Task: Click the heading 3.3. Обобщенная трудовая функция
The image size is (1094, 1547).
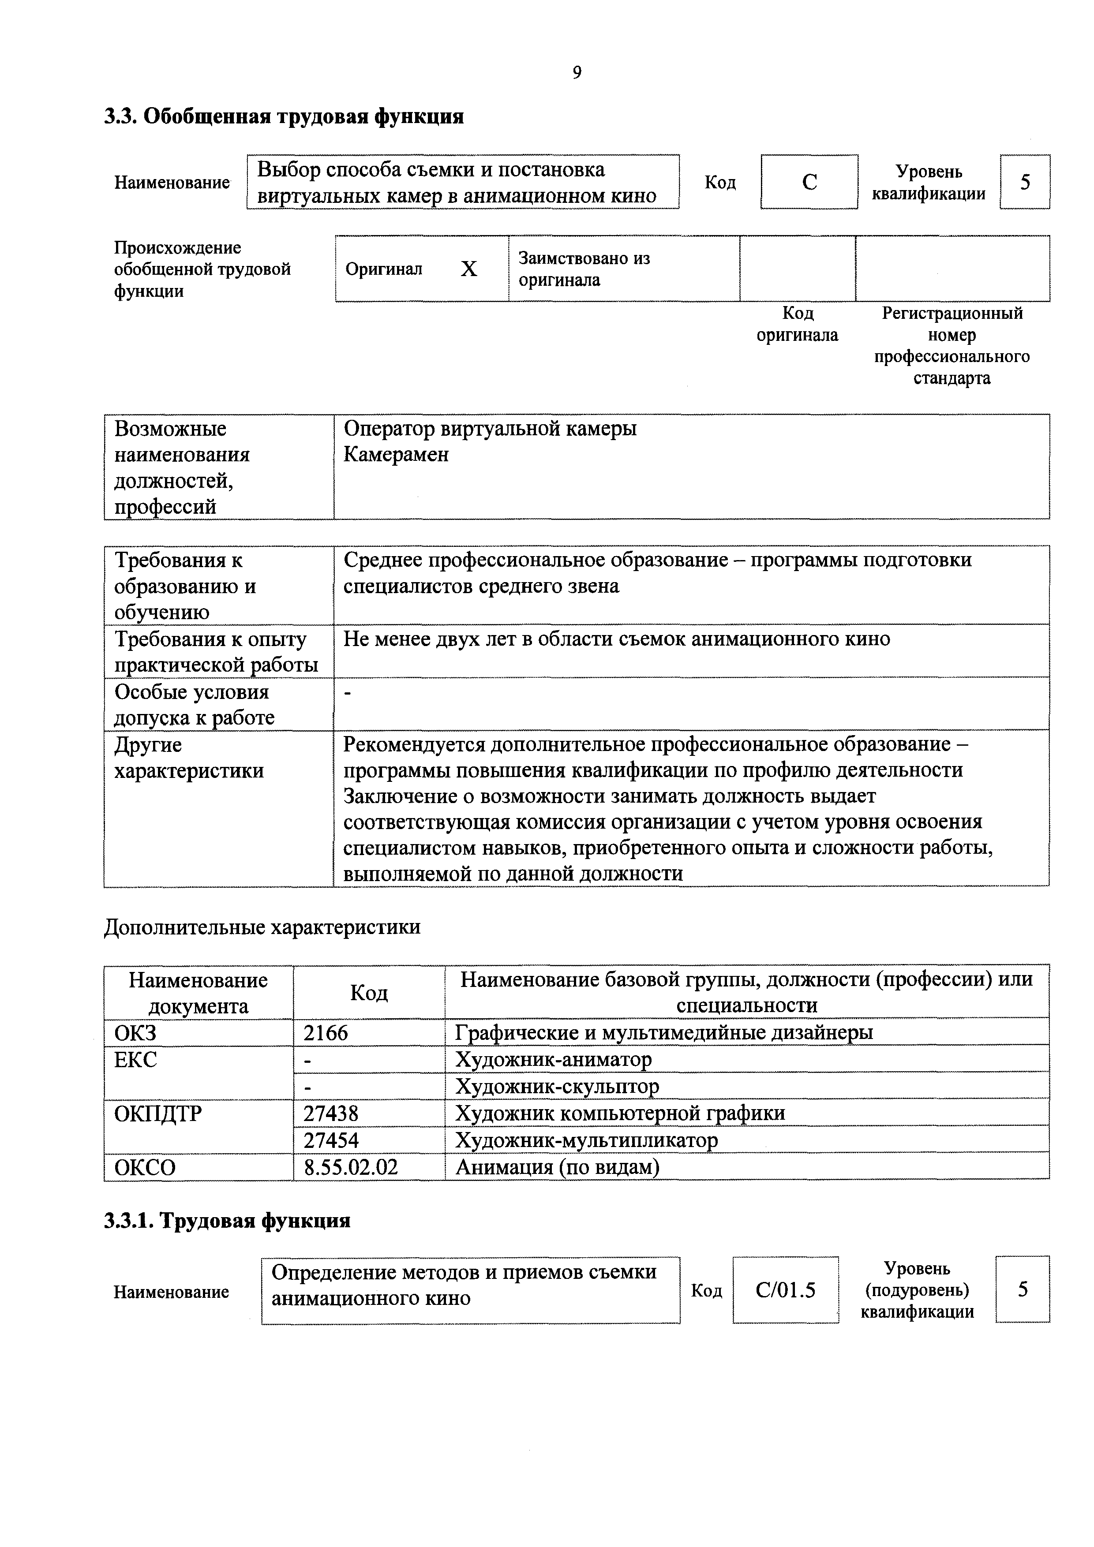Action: pyautogui.click(x=284, y=116)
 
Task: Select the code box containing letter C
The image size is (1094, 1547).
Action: pyautogui.click(x=809, y=182)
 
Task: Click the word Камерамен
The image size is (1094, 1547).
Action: pyautogui.click(x=396, y=455)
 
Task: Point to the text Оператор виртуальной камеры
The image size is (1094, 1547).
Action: pyautogui.click(x=490, y=429)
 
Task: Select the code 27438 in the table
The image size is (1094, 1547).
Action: pyautogui.click(x=331, y=1113)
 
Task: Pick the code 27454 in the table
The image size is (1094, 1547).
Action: pyautogui.click(x=331, y=1140)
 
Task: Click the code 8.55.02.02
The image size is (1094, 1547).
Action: pyautogui.click(x=351, y=1167)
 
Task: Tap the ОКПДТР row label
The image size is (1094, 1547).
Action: pyautogui.click(x=158, y=1113)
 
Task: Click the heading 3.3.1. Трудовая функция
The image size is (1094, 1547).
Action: pyautogui.click(x=227, y=1221)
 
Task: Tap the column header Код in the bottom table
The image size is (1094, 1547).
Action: pyautogui.click(x=369, y=993)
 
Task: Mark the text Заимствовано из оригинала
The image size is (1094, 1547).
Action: pyautogui.click(x=584, y=269)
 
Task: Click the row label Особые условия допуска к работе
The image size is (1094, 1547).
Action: pyautogui.click(x=194, y=704)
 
